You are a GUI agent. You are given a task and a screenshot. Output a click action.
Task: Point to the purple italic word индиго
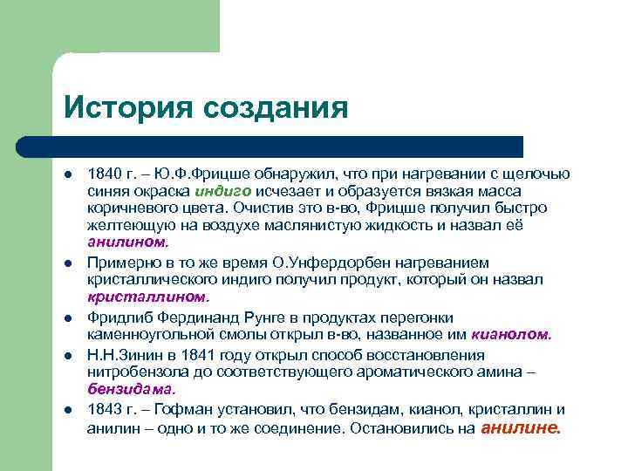point(223,191)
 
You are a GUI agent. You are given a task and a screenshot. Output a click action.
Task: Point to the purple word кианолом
point(511,334)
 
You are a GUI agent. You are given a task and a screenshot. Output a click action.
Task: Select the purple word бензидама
point(131,389)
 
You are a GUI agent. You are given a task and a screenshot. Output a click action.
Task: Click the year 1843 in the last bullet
point(103,410)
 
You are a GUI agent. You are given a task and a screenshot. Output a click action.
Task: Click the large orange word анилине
point(522,427)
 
